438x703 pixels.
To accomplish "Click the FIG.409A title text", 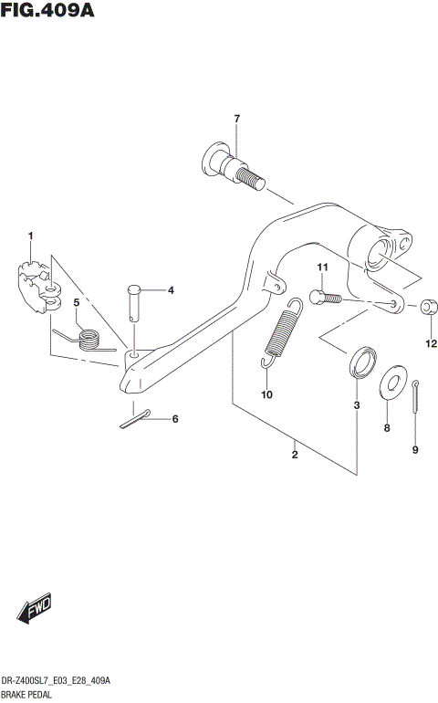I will pos(47,11).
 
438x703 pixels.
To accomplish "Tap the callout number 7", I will pos(236,120).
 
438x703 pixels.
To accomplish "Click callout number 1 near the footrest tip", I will pos(30,236).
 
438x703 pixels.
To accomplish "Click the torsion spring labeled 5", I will pos(87,339).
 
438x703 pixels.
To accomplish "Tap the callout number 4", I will pos(170,290).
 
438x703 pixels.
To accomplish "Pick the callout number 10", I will pos(266,394).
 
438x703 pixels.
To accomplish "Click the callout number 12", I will pos(431,344).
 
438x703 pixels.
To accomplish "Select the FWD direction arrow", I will pos(33,609).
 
